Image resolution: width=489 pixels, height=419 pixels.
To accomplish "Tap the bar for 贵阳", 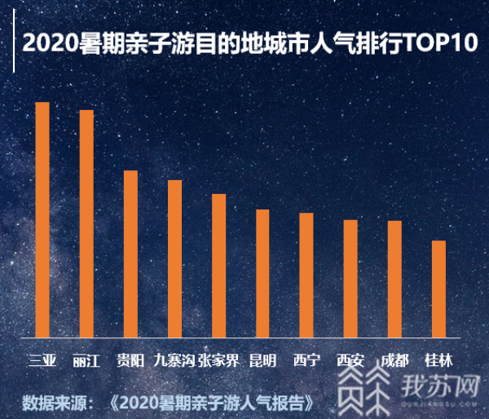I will point(130,253).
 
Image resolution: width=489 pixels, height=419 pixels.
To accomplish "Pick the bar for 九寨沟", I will point(174,258).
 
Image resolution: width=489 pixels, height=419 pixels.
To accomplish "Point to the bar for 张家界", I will point(218,264).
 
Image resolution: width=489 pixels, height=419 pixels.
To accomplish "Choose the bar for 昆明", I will point(262,272).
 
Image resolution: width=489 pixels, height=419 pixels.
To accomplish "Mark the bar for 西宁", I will point(306,274).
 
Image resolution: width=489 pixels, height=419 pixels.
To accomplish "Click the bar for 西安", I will point(350,277).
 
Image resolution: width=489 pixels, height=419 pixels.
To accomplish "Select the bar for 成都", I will point(394,278).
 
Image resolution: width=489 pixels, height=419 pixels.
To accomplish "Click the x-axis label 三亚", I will point(42,360).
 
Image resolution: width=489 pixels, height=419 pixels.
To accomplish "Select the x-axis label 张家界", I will point(218,360).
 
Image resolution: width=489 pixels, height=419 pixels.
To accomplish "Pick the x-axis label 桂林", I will point(438,360).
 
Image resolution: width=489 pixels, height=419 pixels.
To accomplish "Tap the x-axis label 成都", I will point(394,360).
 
